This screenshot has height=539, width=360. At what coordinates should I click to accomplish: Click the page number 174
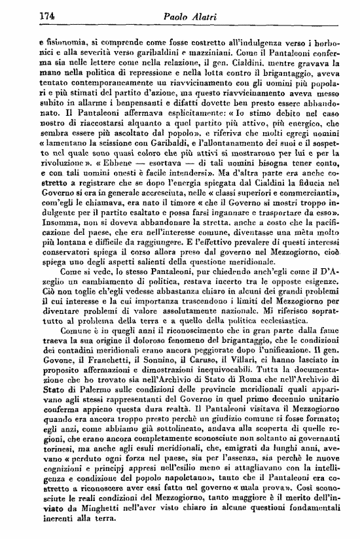[27, 15]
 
